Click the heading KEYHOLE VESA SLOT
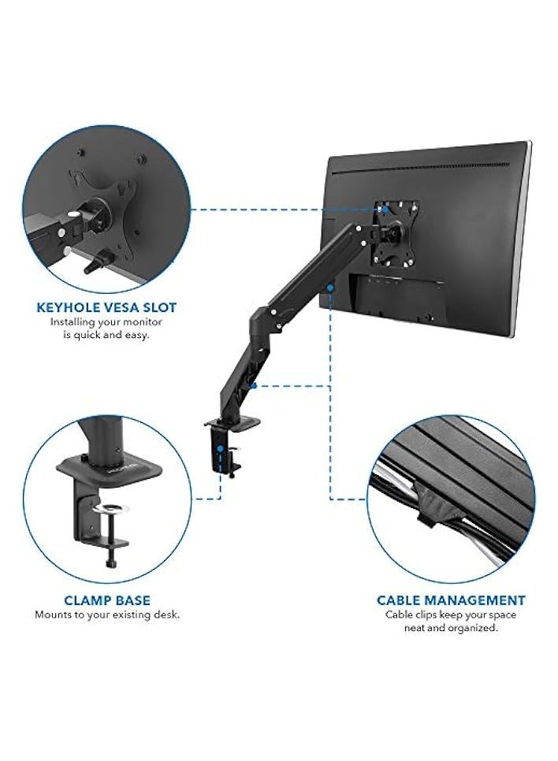click(106, 307)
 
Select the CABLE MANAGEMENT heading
click(451, 600)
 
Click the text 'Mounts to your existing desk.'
click(107, 614)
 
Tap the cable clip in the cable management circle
click(429, 512)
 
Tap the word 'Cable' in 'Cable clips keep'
click(397, 614)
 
